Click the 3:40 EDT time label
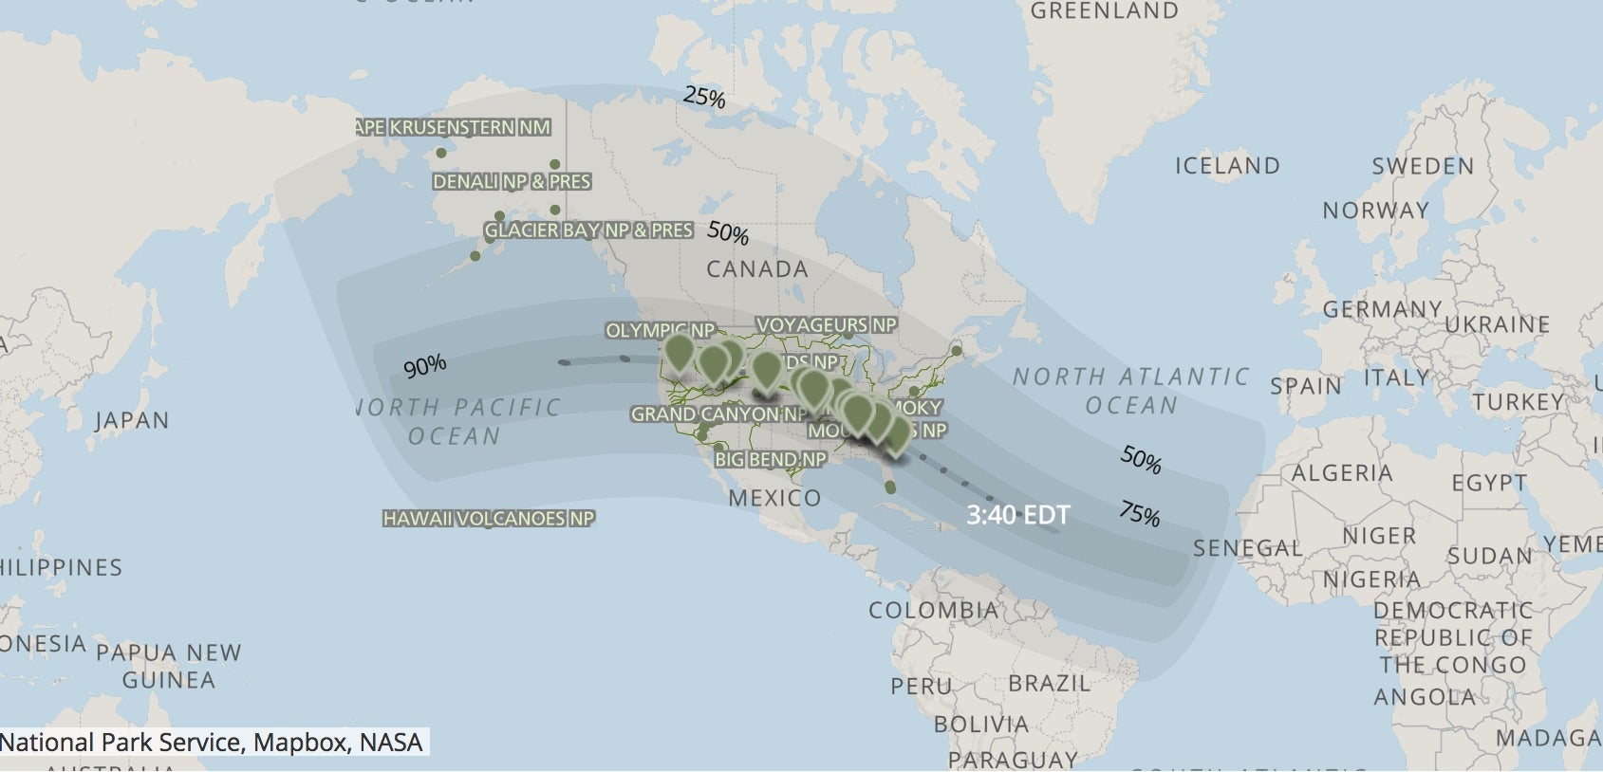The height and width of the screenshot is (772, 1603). (x=1017, y=515)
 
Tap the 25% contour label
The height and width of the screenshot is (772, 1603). (x=704, y=97)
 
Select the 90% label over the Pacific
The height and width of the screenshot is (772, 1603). (x=424, y=366)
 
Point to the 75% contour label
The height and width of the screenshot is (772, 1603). (x=1139, y=513)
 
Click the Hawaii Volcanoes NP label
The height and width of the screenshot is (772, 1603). (x=488, y=519)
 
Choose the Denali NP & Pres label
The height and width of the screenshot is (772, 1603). (x=512, y=181)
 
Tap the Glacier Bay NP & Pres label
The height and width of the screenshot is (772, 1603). (x=588, y=230)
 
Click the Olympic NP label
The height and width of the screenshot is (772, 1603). (x=659, y=331)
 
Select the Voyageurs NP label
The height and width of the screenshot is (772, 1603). (x=826, y=325)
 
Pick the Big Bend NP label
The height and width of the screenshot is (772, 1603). (x=770, y=460)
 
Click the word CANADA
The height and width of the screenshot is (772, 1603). (x=756, y=269)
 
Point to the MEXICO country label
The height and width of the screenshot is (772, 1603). (x=774, y=498)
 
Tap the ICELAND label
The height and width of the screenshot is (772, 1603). (x=1227, y=166)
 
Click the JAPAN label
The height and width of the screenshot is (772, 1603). (x=131, y=420)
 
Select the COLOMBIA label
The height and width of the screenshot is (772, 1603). (x=933, y=610)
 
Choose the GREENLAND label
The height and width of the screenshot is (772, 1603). (x=1104, y=11)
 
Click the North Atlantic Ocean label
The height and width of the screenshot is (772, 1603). (x=1130, y=391)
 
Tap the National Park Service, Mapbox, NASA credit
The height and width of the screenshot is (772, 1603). (x=212, y=742)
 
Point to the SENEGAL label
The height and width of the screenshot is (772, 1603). (x=1247, y=548)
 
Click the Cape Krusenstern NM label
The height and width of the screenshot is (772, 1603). (x=453, y=127)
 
